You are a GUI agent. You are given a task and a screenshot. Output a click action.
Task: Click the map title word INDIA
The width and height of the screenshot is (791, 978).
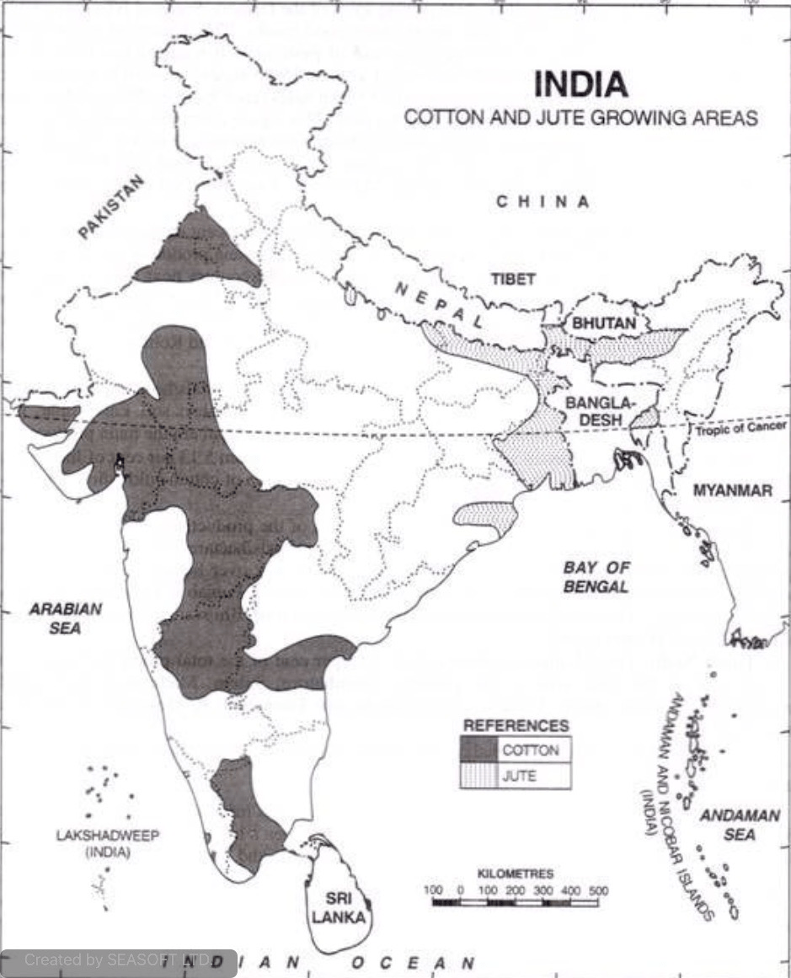click(x=581, y=84)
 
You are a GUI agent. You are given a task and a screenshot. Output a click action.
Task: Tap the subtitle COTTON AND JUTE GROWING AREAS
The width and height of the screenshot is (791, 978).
click(x=580, y=117)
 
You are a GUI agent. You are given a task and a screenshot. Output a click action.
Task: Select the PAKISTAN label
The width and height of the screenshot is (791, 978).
click(x=112, y=207)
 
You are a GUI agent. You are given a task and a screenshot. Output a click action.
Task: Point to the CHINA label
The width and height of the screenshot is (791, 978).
click(x=542, y=202)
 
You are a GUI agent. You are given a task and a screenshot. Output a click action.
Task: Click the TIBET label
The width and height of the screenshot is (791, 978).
click(x=513, y=279)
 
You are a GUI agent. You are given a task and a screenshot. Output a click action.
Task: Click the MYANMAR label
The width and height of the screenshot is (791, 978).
click(x=732, y=490)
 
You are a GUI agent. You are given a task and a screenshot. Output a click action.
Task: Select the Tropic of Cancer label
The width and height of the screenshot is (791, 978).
click(x=740, y=430)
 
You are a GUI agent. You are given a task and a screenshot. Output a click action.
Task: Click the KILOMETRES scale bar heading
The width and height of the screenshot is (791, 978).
click(x=515, y=874)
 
